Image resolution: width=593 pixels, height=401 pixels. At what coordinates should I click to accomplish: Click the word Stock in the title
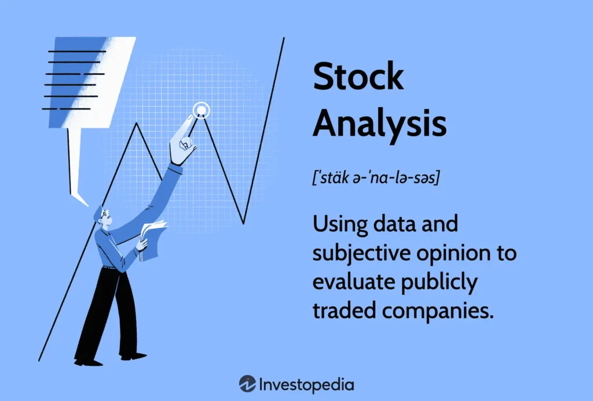358,76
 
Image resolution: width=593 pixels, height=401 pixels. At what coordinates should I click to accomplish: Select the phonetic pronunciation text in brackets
375,177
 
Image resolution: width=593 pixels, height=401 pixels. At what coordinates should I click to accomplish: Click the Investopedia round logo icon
247,384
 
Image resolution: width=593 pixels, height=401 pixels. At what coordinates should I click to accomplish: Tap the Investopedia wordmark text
306,384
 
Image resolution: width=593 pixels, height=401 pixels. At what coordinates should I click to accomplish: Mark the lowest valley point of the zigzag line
244,223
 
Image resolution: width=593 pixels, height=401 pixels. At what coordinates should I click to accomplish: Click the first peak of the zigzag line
137,123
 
